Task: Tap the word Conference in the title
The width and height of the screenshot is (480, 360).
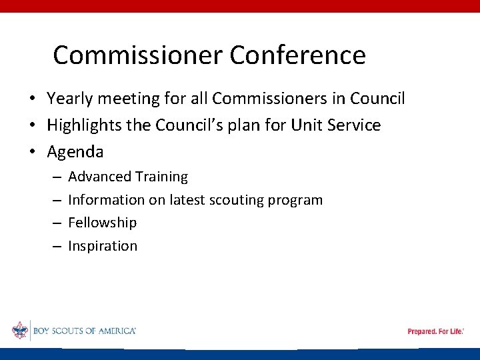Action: tap(297, 55)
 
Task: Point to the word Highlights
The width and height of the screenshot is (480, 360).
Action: tap(83, 125)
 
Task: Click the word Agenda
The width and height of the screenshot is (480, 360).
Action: tap(75, 152)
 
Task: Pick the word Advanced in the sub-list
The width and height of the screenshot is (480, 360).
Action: tap(99, 177)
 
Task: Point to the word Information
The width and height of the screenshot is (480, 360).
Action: tap(106, 200)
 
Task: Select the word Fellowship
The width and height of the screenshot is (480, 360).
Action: tap(102, 223)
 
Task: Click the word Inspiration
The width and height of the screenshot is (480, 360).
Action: tap(103, 246)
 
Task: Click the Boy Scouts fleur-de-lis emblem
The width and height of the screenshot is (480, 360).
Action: tap(19, 331)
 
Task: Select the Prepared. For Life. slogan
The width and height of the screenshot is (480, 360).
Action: tap(435, 331)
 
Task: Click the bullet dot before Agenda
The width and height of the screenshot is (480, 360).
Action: tap(32, 153)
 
